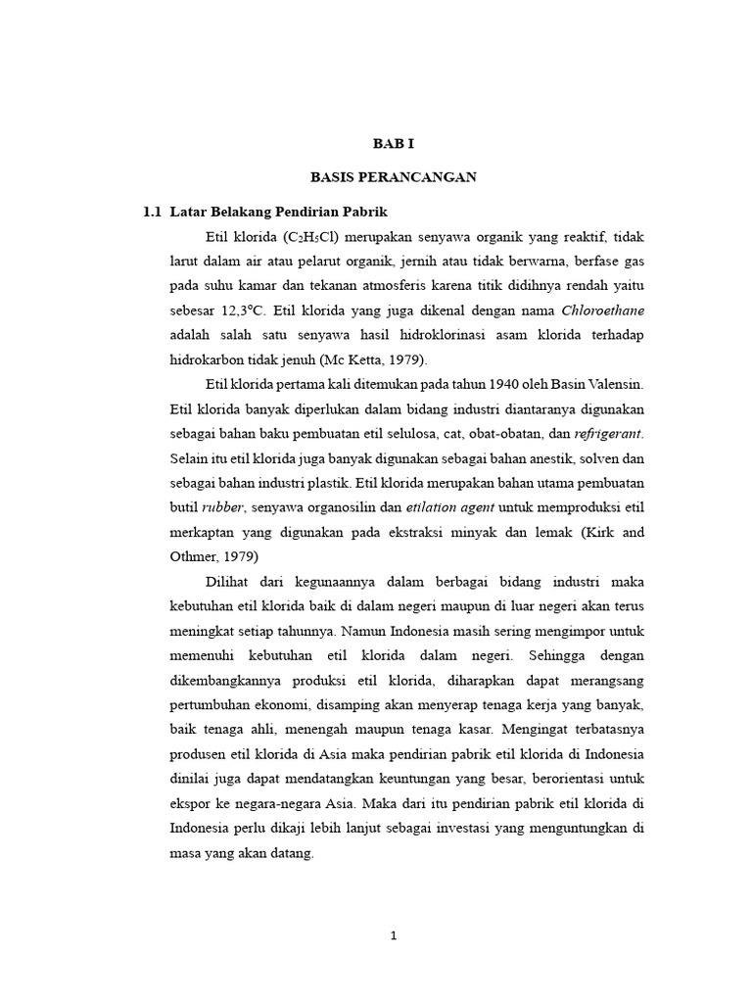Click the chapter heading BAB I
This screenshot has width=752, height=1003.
(394, 143)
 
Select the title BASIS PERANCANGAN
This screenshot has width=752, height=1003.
(394, 177)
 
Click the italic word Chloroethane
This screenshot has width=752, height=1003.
(603, 311)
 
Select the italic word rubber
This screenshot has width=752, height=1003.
(222, 507)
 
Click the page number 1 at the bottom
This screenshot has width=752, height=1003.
(394, 936)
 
